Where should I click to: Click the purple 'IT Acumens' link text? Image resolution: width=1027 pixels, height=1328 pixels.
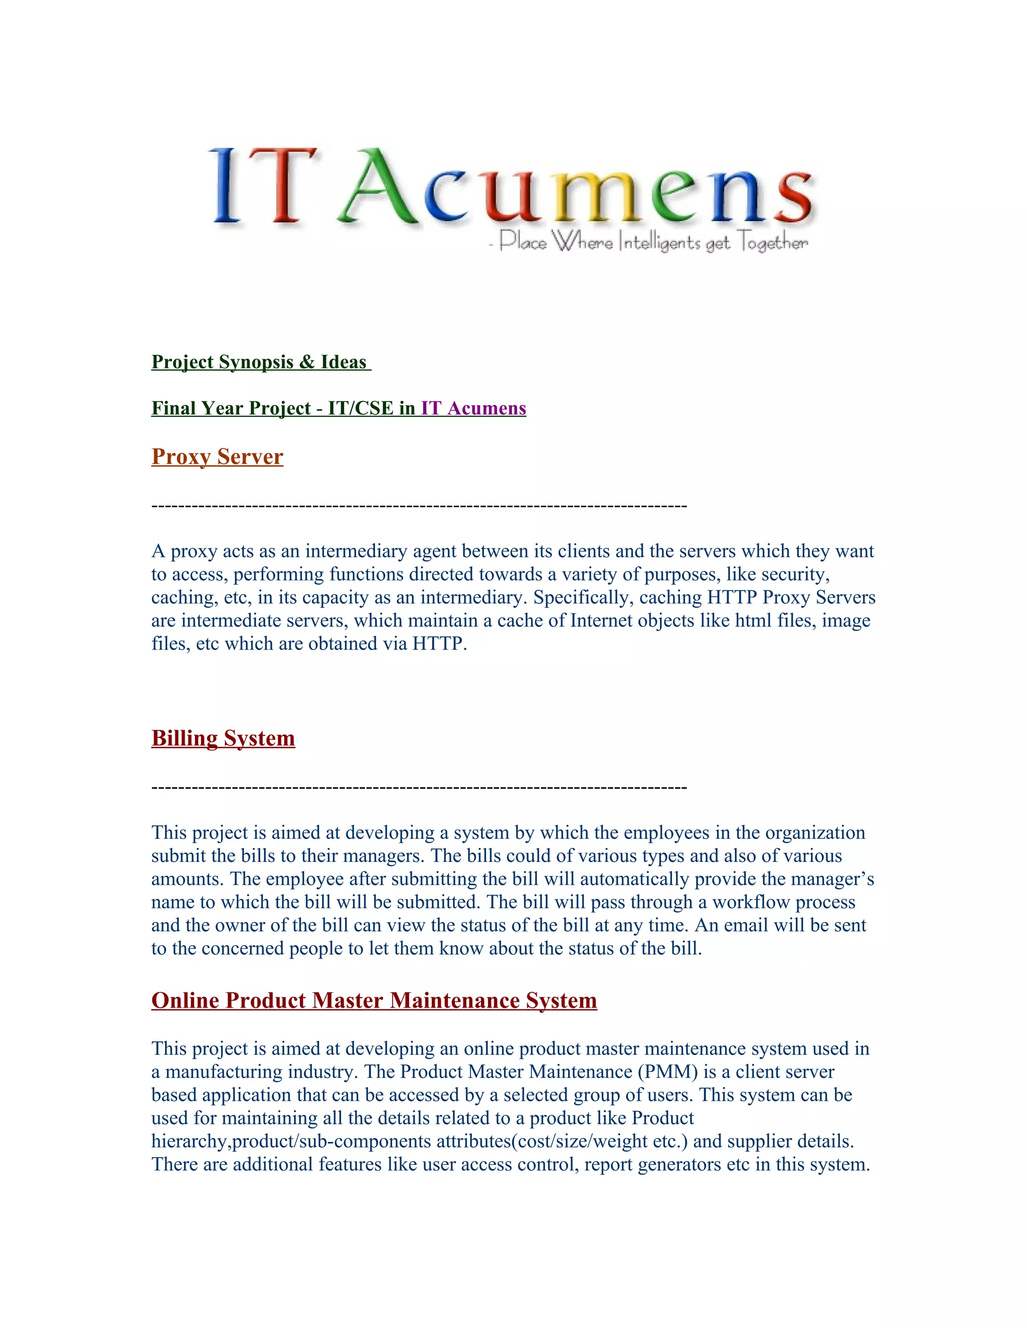(473, 408)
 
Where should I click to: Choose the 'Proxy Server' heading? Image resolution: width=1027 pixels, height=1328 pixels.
(217, 457)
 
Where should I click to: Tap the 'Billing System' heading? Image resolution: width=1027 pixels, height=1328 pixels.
(223, 738)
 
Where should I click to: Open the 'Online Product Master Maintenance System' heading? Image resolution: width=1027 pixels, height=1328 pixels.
(374, 1000)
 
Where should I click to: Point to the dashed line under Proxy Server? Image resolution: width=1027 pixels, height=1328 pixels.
(419, 506)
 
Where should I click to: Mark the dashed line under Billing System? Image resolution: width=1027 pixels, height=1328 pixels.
(419, 787)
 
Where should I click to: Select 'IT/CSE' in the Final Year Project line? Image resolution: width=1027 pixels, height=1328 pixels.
(360, 408)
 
